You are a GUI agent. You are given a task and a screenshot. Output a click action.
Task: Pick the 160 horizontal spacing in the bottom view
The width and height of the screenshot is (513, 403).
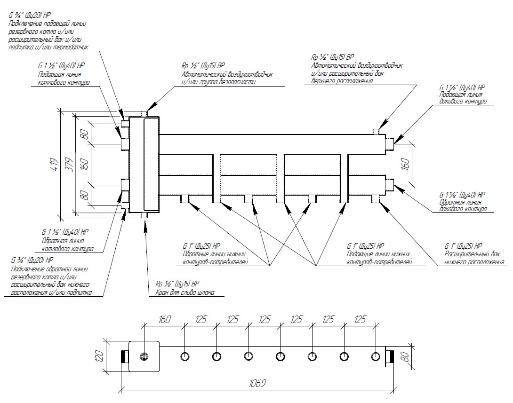click(x=164, y=319)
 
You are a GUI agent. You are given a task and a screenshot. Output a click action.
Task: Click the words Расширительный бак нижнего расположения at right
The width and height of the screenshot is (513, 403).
click(x=474, y=258)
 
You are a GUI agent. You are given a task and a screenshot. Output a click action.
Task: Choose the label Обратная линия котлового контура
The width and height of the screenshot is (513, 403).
click(x=67, y=245)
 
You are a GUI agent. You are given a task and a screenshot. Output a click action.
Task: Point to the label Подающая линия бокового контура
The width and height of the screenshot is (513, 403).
click(x=463, y=98)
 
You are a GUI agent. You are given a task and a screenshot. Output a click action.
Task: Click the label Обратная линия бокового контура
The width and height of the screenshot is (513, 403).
click(x=463, y=205)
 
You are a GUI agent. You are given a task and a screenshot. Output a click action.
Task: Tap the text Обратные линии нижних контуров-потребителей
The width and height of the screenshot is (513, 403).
click(x=215, y=258)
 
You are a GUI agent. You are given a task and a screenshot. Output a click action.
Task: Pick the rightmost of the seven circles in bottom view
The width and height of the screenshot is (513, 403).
click(x=375, y=356)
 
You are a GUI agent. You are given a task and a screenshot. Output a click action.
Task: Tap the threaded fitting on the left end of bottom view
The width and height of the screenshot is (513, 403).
click(x=125, y=356)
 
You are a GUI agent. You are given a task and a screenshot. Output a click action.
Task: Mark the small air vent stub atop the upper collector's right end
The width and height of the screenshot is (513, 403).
click(x=377, y=130)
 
